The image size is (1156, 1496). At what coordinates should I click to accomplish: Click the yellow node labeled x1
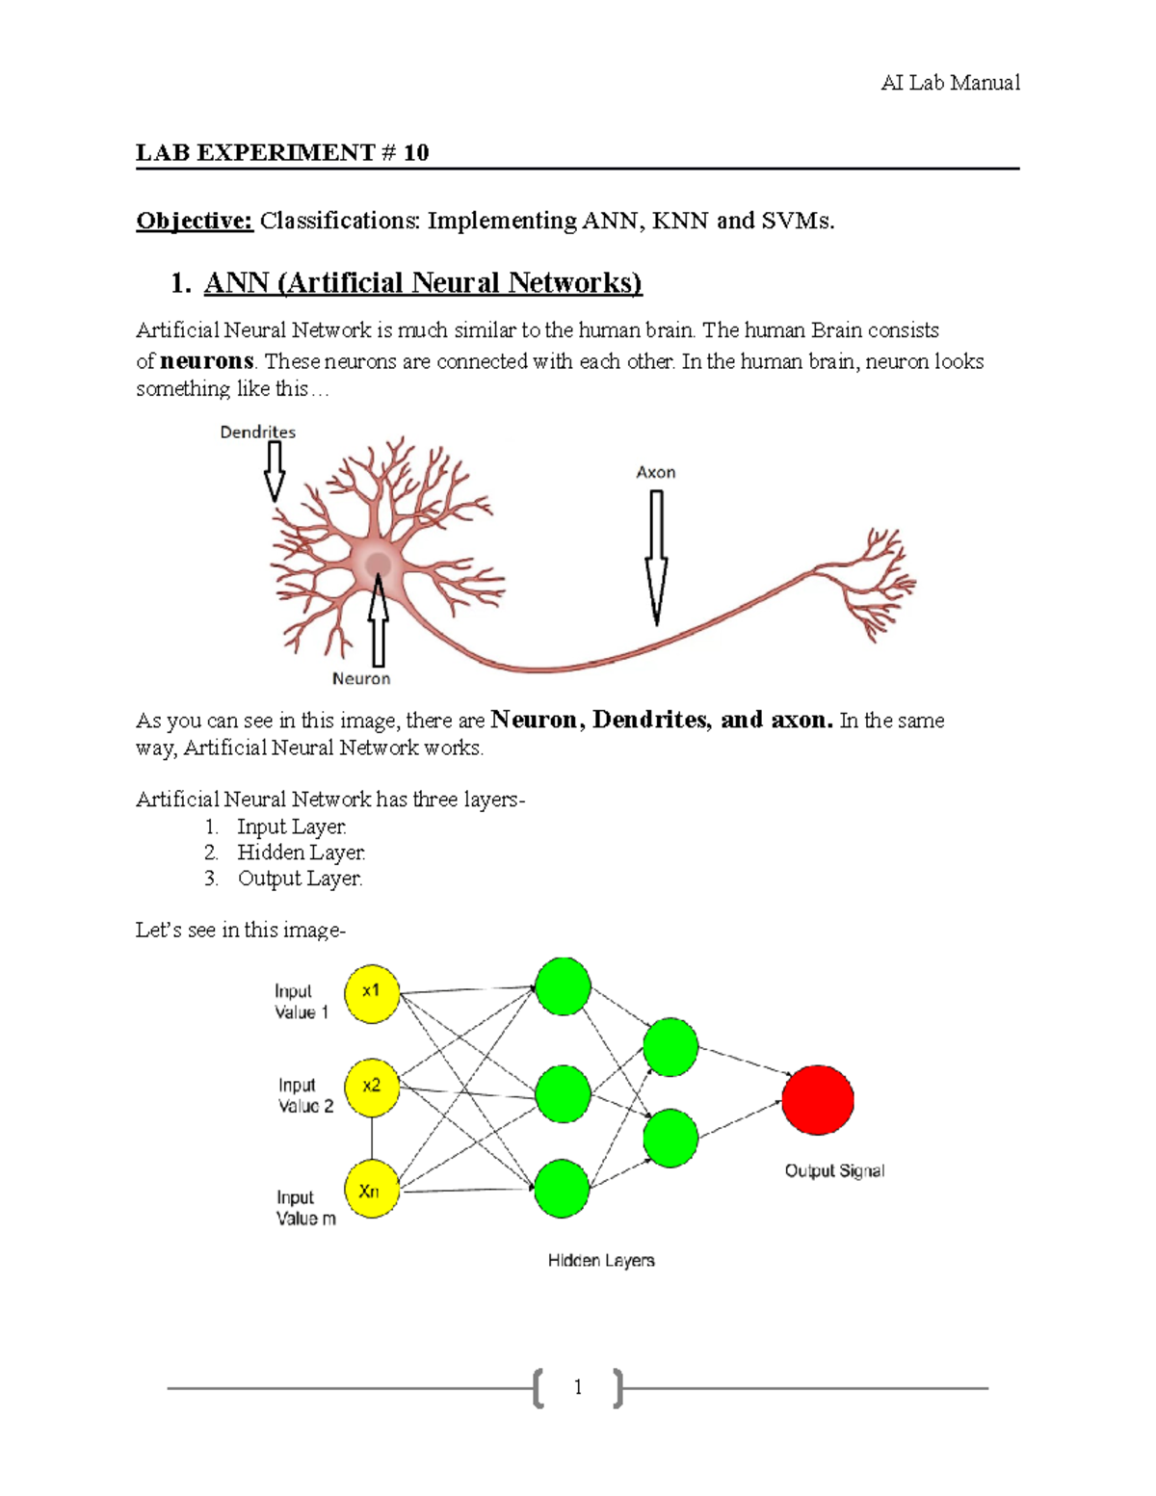pos(372,993)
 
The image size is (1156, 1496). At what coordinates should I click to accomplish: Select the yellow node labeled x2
pos(372,1088)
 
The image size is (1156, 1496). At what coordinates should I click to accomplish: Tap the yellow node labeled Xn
pos(371,1191)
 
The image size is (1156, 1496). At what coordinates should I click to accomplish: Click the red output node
pos(818,1100)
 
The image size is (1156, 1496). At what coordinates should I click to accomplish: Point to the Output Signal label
pos(834,1171)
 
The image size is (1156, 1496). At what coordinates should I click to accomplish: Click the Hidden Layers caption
pos(601,1261)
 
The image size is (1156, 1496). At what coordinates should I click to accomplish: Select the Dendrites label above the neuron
pos(257,433)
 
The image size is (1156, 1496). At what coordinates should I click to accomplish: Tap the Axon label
pos(655,472)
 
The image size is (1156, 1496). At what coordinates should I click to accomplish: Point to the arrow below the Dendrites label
pos(275,471)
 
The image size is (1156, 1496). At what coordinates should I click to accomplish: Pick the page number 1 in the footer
pos(578,1387)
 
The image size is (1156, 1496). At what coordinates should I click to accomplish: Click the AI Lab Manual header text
pos(950,83)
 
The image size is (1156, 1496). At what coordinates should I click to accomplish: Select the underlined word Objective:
pos(195,221)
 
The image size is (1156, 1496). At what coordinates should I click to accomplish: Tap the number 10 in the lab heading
pos(416,152)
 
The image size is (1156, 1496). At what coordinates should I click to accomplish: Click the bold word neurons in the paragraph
pos(206,361)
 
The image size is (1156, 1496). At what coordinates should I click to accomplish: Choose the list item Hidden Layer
pos(301,853)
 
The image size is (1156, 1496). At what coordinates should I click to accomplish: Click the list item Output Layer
pos(300,879)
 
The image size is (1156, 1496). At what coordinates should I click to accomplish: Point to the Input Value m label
pos(305,1208)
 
